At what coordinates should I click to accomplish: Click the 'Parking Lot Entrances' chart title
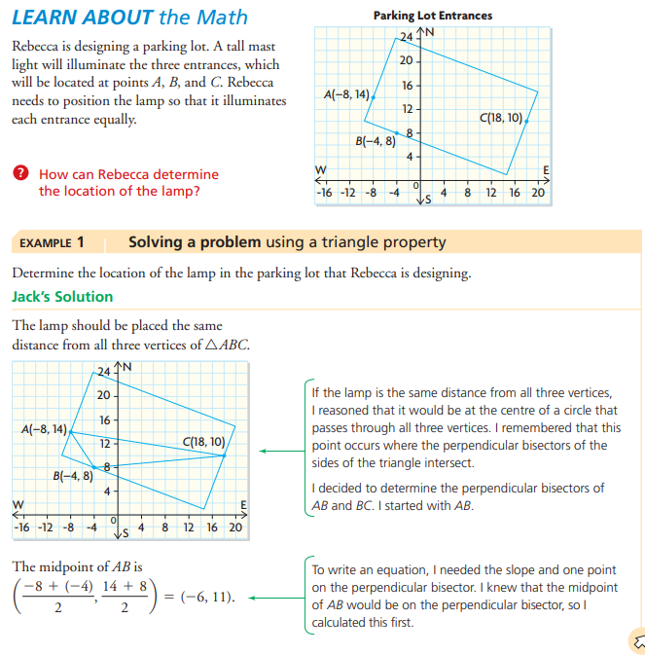(x=432, y=16)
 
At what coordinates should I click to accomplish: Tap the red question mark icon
(x=19, y=174)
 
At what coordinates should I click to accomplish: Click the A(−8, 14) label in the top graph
(x=345, y=95)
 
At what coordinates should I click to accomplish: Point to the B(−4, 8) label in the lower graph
(x=73, y=476)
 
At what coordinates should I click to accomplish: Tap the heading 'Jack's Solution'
(x=62, y=296)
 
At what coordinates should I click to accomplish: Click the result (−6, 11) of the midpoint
(x=207, y=596)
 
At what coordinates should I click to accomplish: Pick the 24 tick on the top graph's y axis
(x=407, y=37)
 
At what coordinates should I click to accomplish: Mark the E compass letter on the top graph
(x=546, y=171)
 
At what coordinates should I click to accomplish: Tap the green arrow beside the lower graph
(x=277, y=452)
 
